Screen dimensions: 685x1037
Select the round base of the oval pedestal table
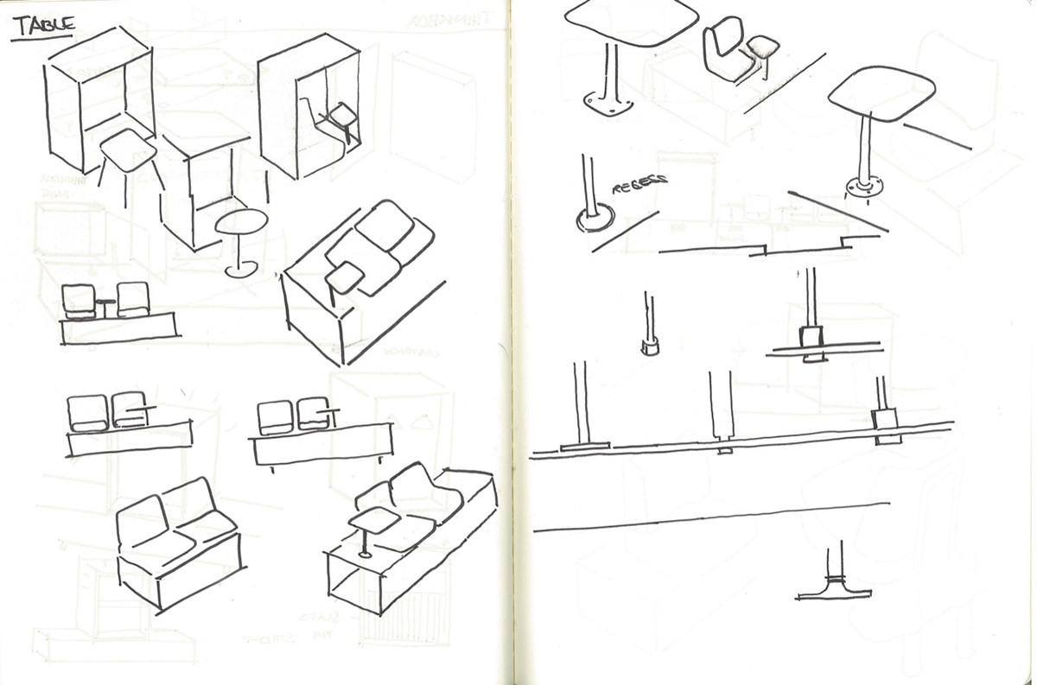[239, 270]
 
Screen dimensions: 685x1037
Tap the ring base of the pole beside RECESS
[593, 219]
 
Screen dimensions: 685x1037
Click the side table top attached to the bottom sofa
[374, 519]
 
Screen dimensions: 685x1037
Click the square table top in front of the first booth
[130, 152]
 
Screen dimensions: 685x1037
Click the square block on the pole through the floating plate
[812, 337]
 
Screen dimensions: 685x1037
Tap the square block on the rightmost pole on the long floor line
[883, 421]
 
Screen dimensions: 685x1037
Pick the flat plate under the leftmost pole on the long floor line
[584, 447]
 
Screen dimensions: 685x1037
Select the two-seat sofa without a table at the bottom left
[176, 544]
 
